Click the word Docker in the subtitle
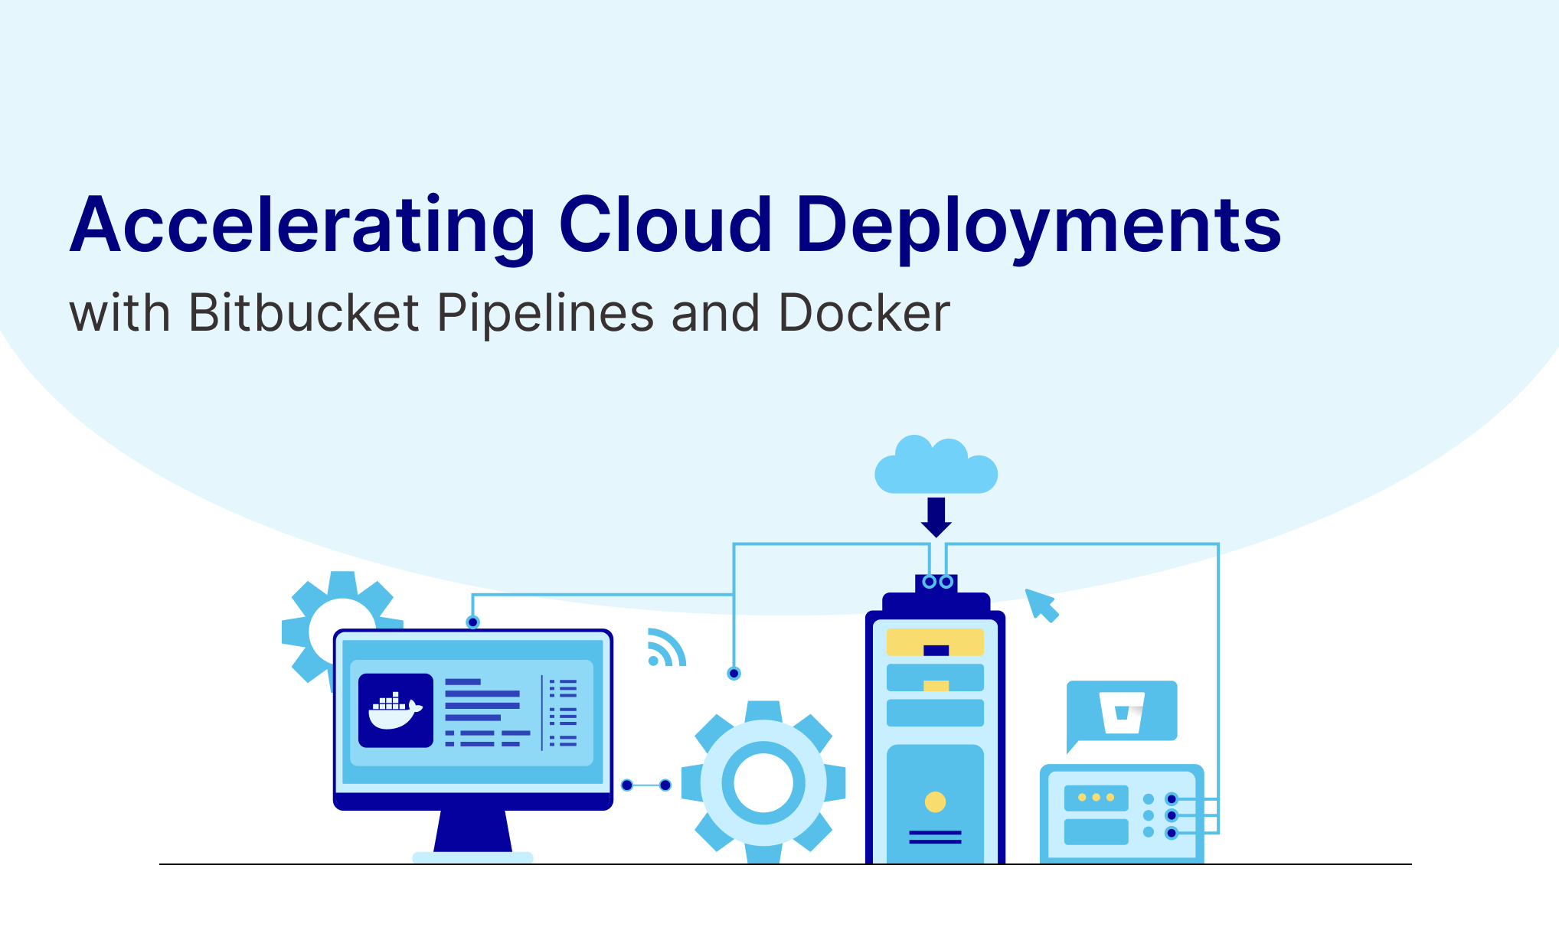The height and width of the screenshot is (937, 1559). [864, 313]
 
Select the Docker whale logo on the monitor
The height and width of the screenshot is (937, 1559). [395, 710]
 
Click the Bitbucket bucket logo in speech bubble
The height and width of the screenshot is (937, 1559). [1122, 712]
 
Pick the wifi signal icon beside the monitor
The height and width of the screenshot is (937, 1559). [665, 648]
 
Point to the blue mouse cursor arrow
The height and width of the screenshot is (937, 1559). [1041, 605]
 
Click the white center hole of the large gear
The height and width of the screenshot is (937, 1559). [763, 782]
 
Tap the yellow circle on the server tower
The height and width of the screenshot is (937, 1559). [935, 802]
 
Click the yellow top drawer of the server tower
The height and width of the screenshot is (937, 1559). [935, 642]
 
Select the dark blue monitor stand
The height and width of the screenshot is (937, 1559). [472, 831]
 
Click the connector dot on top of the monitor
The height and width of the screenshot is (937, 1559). [472, 622]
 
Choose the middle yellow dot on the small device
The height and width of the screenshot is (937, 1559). [1096, 798]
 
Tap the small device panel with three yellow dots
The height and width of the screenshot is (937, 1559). [1096, 798]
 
